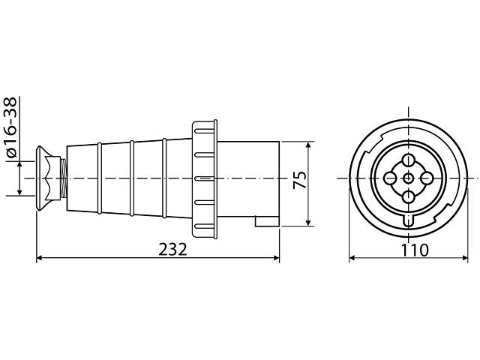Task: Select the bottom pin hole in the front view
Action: point(408,197)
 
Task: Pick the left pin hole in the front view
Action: point(390,178)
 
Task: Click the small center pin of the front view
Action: point(408,178)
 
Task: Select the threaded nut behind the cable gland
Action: point(63,179)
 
